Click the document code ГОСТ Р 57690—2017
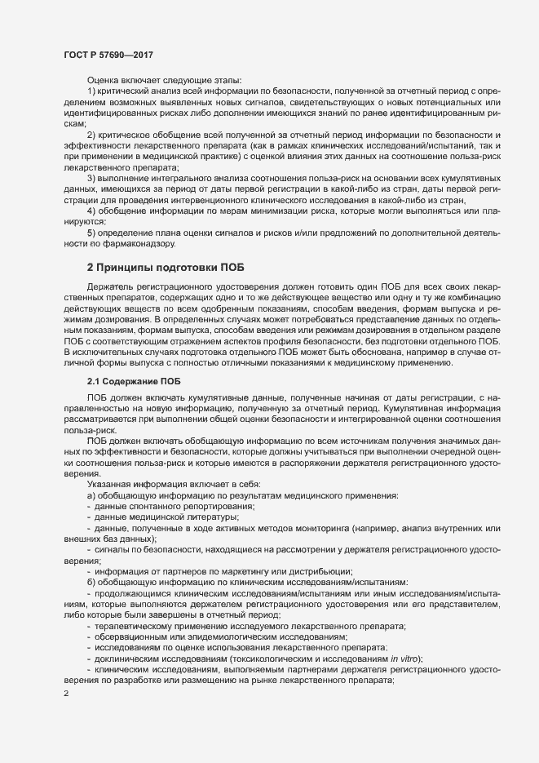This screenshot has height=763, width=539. [x=108, y=55]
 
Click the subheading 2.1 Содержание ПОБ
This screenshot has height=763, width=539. [x=135, y=382]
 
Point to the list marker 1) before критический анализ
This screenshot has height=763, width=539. [x=92, y=94]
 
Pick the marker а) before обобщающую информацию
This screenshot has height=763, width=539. [x=92, y=496]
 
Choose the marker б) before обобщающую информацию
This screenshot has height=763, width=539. [x=92, y=582]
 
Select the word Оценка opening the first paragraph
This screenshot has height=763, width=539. [x=104, y=81]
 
